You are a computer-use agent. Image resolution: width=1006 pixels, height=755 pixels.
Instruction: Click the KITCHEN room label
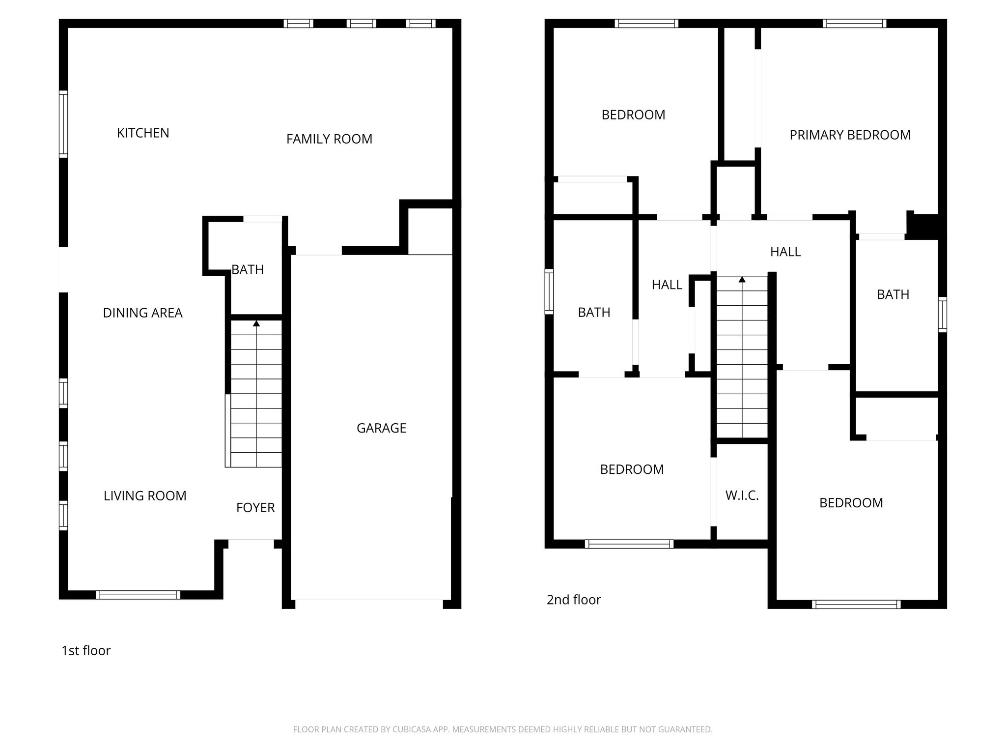pyautogui.click(x=143, y=133)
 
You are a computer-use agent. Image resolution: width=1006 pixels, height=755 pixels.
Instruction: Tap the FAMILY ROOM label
pyautogui.click(x=329, y=140)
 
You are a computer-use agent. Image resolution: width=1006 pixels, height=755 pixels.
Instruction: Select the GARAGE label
pyautogui.click(x=381, y=428)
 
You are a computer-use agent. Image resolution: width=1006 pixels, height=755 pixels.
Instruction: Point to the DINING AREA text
pyautogui.click(x=142, y=313)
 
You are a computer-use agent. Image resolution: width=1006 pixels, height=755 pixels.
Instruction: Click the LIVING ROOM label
pyautogui.click(x=145, y=496)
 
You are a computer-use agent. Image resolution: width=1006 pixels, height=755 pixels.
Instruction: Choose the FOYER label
pyautogui.click(x=255, y=508)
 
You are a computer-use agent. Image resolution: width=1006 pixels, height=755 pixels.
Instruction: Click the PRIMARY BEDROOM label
pyautogui.click(x=850, y=135)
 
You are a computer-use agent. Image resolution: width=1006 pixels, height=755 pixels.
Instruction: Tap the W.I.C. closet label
pyautogui.click(x=742, y=495)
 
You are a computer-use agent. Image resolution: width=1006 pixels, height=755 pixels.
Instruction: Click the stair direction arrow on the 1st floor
pyautogui.click(x=256, y=323)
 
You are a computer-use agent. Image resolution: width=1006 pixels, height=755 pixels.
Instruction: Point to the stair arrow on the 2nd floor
pyautogui.click(x=742, y=280)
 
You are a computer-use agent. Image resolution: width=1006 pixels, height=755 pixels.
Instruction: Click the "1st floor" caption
pyautogui.click(x=86, y=651)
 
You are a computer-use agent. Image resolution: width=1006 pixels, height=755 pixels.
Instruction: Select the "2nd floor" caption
pyautogui.click(x=574, y=600)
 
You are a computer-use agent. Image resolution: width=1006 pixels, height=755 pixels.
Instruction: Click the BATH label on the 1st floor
pyautogui.click(x=248, y=270)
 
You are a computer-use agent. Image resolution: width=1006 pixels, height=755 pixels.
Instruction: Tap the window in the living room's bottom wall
pyautogui.click(x=138, y=595)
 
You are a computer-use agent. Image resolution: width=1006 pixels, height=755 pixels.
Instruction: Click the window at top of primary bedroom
pyautogui.click(x=854, y=23)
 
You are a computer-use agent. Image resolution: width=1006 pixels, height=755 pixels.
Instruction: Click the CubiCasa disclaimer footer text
pyautogui.click(x=503, y=729)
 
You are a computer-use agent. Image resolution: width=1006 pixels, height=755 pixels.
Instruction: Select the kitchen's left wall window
pyautogui.click(x=63, y=124)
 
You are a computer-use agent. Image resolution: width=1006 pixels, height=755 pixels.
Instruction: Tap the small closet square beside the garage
pyautogui.click(x=430, y=231)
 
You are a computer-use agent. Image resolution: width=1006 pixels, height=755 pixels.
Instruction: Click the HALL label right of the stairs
pyautogui.click(x=785, y=252)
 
